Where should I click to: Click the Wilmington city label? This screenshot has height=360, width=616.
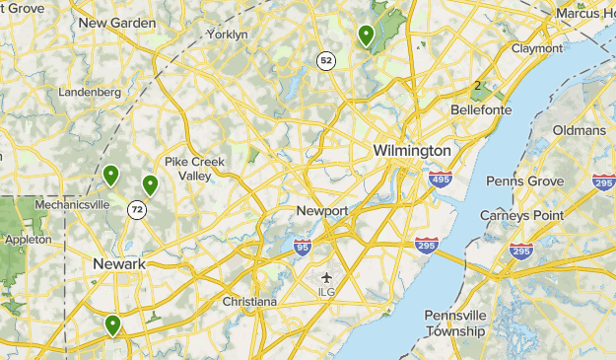412,150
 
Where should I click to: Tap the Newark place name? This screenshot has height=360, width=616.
118,264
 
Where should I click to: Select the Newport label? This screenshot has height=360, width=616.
322,211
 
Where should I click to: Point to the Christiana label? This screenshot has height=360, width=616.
249,301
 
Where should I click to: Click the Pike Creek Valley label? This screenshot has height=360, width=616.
194,169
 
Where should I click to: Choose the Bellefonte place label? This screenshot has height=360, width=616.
480,110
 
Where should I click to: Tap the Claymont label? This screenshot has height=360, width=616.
536,47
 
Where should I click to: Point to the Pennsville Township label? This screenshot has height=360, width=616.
454,324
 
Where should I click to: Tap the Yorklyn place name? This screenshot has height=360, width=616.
227,35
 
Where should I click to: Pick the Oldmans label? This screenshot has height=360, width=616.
579,130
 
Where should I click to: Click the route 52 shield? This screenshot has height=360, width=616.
325,61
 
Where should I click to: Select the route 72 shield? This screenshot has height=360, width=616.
136,209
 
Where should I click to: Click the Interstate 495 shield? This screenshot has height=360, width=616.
440,180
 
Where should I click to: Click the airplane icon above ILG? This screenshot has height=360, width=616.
327,276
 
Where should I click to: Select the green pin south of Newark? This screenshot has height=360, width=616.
113,324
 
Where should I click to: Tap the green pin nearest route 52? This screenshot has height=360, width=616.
367,36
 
